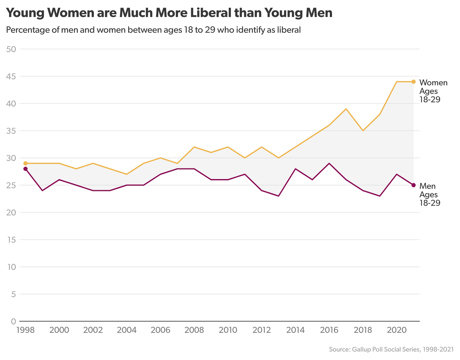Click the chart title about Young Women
coord(169,13)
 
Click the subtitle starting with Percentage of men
coord(153,30)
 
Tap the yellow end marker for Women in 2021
coord(414,82)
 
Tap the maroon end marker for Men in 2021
coord(414,185)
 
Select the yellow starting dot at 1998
coord(26,163)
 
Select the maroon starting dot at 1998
coord(26,169)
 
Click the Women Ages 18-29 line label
coord(433,91)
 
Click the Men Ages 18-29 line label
coord(430,194)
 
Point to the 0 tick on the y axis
coord(13,321)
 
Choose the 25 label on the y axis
coord(11,185)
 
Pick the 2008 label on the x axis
coord(194,330)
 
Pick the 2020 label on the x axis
coord(396,330)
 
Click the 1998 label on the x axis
coord(26,330)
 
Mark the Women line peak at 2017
coord(346,109)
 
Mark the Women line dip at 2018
coord(363,131)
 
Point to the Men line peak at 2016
coord(329,163)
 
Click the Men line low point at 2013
coord(279,196)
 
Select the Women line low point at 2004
coord(127,174)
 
